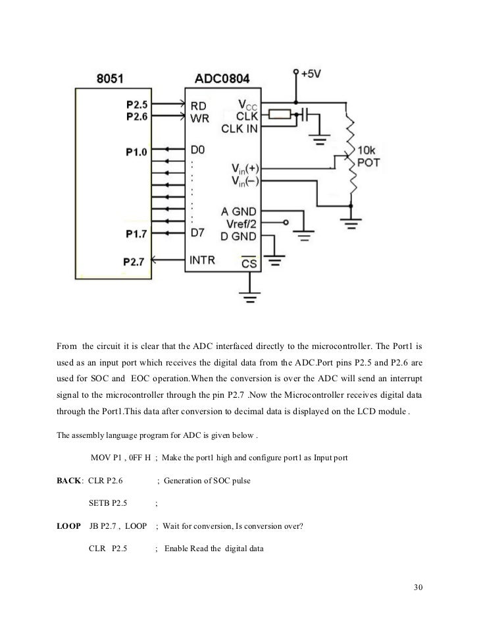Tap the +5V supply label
[x=313, y=74]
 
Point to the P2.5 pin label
[x=137, y=104]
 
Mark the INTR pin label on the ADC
[x=203, y=260]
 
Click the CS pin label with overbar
[x=249, y=263]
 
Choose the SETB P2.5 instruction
[x=108, y=504]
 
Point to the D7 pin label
[x=198, y=232]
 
